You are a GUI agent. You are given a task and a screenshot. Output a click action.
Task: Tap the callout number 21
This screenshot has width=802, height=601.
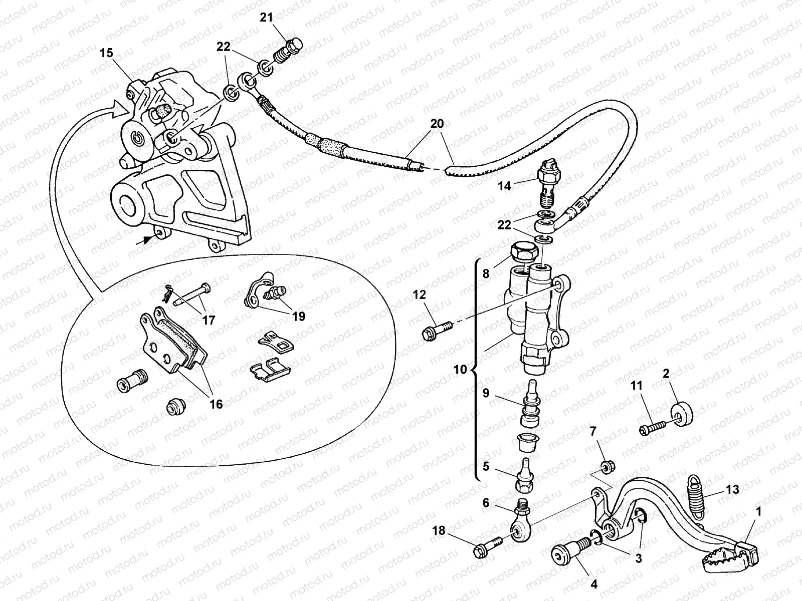click(x=266, y=18)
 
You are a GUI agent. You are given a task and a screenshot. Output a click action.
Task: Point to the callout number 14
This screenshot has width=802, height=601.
click(x=504, y=186)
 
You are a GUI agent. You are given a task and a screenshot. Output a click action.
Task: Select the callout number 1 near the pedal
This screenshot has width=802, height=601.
click(x=758, y=512)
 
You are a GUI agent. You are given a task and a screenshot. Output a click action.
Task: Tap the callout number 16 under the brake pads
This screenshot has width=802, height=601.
click(x=216, y=404)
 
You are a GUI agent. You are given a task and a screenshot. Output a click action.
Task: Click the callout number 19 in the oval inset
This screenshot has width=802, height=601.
click(x=299, y=317)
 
